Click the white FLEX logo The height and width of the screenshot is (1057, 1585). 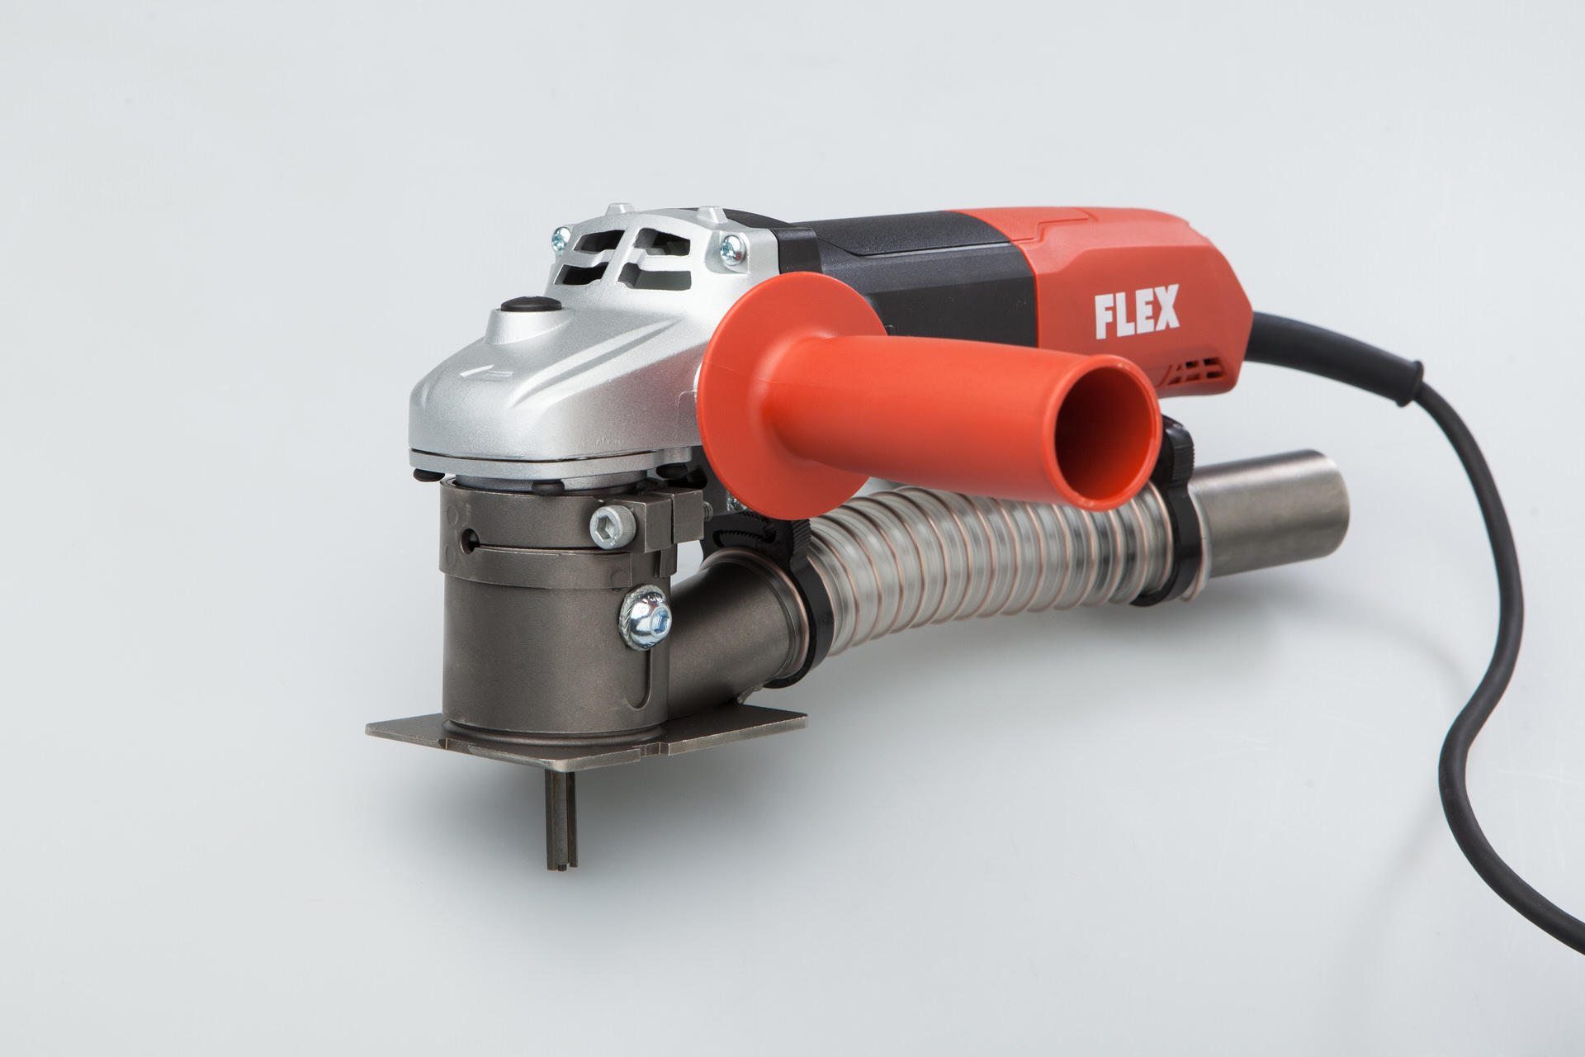tap(1138, 310)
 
